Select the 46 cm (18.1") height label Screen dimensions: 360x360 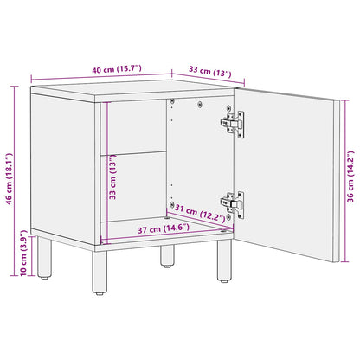pos(10,164)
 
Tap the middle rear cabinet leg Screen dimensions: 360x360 pos(166,256)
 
